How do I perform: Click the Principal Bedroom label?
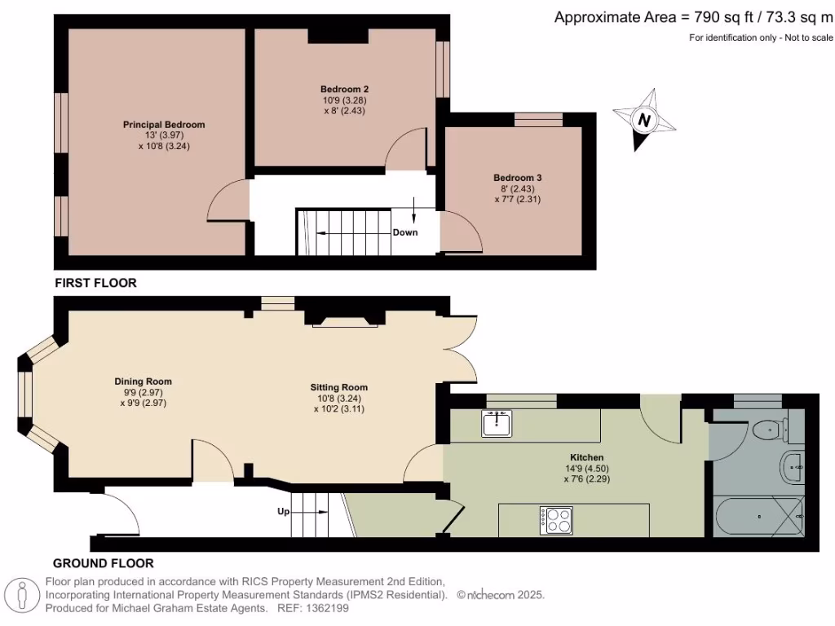[164, 125]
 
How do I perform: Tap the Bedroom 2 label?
[345, 90]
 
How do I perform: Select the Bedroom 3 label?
[518, 178]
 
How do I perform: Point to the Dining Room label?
[144, 381]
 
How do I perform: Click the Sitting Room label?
[339, 387]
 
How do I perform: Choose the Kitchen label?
[587, 457]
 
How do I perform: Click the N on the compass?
[644, 121]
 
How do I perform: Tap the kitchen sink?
[497, 423]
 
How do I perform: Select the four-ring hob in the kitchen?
[556, 521]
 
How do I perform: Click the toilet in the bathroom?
[771, 429]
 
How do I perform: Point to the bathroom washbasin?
[792, 467]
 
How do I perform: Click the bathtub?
[759, 516]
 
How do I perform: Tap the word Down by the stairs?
[405, 232]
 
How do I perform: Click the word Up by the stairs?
[283, 512]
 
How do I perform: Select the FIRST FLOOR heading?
[96, 283]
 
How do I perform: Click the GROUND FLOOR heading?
[104, 563]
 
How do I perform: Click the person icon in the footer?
[22, 595]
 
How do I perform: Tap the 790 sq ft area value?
[724, 18]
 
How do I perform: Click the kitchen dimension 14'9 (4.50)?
[587, 469]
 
